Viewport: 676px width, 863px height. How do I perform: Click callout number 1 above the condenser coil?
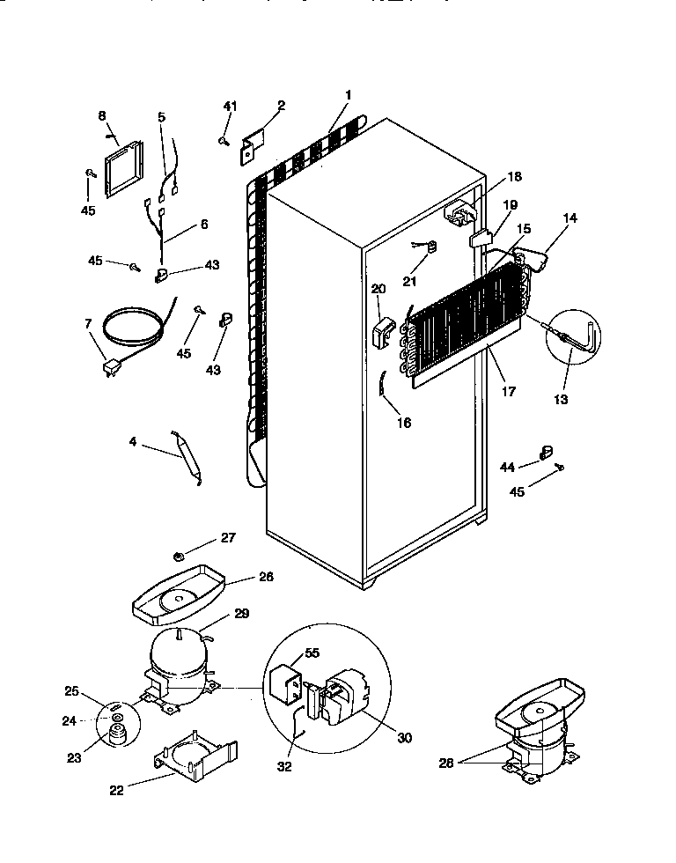point(349,94)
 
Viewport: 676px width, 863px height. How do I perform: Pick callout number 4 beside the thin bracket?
point(132,442)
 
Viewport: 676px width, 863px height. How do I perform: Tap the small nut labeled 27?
point(178,555)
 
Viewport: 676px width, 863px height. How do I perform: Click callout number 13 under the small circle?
point(560,399)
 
